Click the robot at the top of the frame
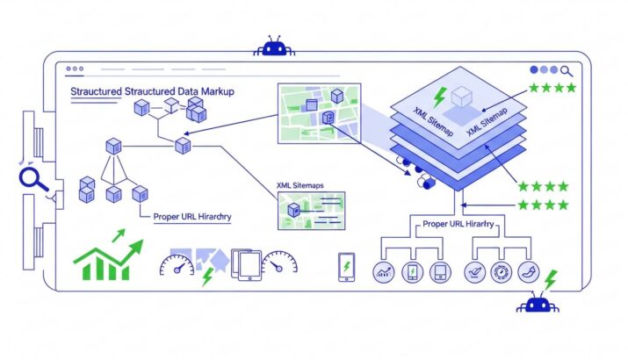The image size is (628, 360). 274,47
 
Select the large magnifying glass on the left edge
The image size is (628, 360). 33,179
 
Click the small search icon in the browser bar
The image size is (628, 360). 567,70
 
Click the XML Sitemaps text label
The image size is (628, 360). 300,185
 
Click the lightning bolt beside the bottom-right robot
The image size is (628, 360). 550,279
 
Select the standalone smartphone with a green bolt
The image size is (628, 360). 346,267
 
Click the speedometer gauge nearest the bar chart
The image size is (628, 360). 177,263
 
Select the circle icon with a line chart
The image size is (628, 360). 384,272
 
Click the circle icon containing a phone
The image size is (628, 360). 411,272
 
